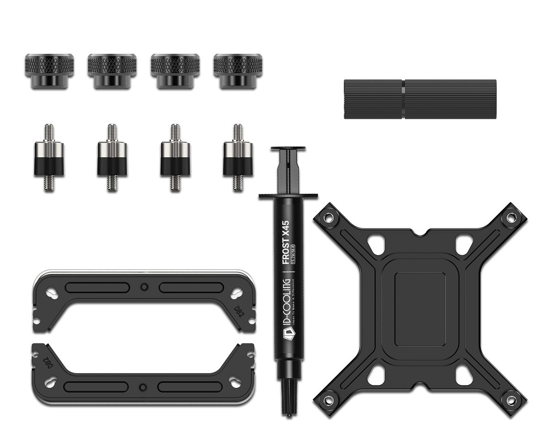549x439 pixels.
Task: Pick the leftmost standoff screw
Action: pyautogui.click(x=49, y=158)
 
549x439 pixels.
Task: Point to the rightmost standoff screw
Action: pyautogui.click(x=237, y=158)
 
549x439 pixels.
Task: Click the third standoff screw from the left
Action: pyautogui.click(x=175, y=158)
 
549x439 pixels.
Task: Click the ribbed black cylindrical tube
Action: pyautogui.click(x=420, y=99)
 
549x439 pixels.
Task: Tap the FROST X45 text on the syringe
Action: pyautogui.click(x=285, y=243)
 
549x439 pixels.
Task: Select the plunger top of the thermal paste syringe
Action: pyautogui.click(x=288, y=149)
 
